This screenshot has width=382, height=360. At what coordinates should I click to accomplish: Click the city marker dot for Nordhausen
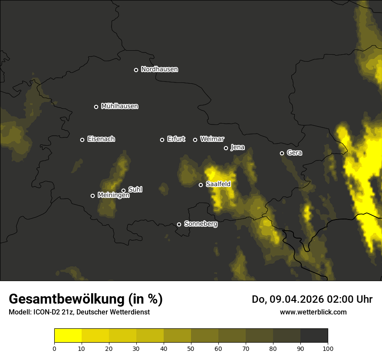[136, 70]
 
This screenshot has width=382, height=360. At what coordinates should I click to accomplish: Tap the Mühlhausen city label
[119, 106]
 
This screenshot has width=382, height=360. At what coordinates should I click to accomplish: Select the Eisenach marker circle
[82, 140]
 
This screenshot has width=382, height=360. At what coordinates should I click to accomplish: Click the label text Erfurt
[176, 139]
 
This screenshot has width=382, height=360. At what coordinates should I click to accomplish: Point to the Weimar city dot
[195, 140]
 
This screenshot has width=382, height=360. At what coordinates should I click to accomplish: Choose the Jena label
[237, 147]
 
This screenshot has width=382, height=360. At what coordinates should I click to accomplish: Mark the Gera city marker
[282, 153]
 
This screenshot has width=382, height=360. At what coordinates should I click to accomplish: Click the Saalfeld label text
[218, 184]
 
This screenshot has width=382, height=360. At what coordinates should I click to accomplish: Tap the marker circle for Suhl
[123, 190]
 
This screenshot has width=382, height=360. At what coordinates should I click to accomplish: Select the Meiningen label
[113, 196]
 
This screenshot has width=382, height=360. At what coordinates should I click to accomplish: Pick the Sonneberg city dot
[179, 224]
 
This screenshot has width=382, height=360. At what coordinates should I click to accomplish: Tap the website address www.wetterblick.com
[313, 312]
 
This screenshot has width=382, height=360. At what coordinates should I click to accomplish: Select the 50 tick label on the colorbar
[191, 348]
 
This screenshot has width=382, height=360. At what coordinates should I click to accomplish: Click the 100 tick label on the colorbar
[328, 348]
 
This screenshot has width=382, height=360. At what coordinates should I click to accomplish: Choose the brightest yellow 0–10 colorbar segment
[68, 336]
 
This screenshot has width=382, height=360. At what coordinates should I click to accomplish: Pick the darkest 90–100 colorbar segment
[314, 336]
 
